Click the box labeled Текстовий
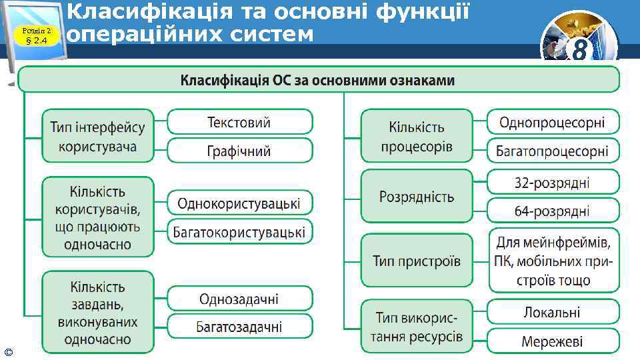point(239,122)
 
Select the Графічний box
point(239,151)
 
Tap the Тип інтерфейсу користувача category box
point(98,136)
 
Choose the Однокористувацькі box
point(239,203)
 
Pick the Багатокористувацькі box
point(239,231)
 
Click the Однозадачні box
point(239,299)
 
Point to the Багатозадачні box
point(239,327)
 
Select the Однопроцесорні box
point(553,122)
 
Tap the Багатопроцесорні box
point(553,151)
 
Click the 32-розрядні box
point(553,182)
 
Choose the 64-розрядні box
point(553,211)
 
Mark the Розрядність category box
point(417,197)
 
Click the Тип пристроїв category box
point(417,261)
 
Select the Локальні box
point(553,312)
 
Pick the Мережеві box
point(553,341)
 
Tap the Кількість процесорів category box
point(417,136)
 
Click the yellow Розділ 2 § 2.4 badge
point(35,35)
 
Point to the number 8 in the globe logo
point(579,50)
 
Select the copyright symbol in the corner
point(7,351)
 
